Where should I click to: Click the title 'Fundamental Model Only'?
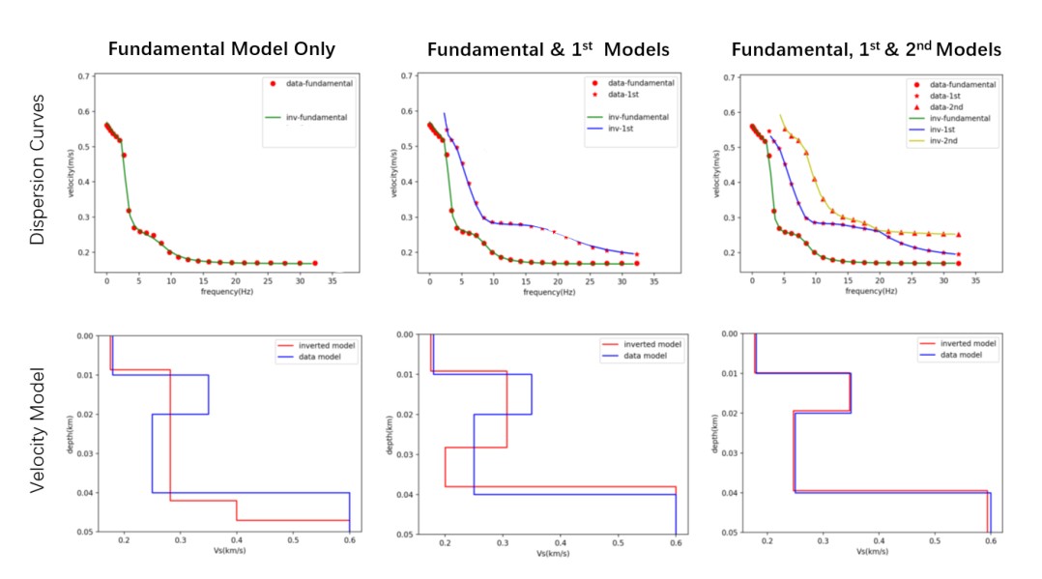pyautogui.click(x=221, y=48)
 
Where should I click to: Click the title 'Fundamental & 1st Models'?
pyautogui.click(x=547, y=48)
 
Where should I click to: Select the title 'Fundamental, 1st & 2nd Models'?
pyautogui.click(x=866, y=48)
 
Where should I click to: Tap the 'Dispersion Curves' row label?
pyautogui.click(x=38, y=169)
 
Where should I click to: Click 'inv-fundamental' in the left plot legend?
pyautogui.click(x=318, y=118)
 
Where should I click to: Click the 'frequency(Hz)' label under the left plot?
pyautogui.click(x=221, y=291)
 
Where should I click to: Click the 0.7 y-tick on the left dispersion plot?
pyautogui.click(x=84, y=75)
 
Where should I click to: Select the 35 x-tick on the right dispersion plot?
pyautogui.click(x=976, y=281)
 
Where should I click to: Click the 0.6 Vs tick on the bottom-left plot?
pyautogui.click(x=349, y=541)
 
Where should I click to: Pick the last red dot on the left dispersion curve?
pyautogui.click(x=314, y=263)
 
